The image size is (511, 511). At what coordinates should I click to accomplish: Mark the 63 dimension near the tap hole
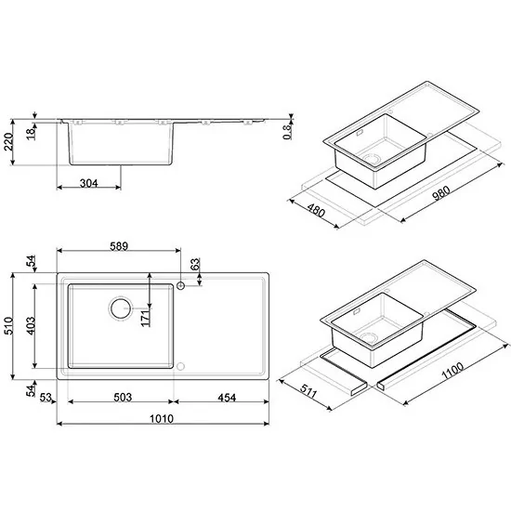tap(196, 266)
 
